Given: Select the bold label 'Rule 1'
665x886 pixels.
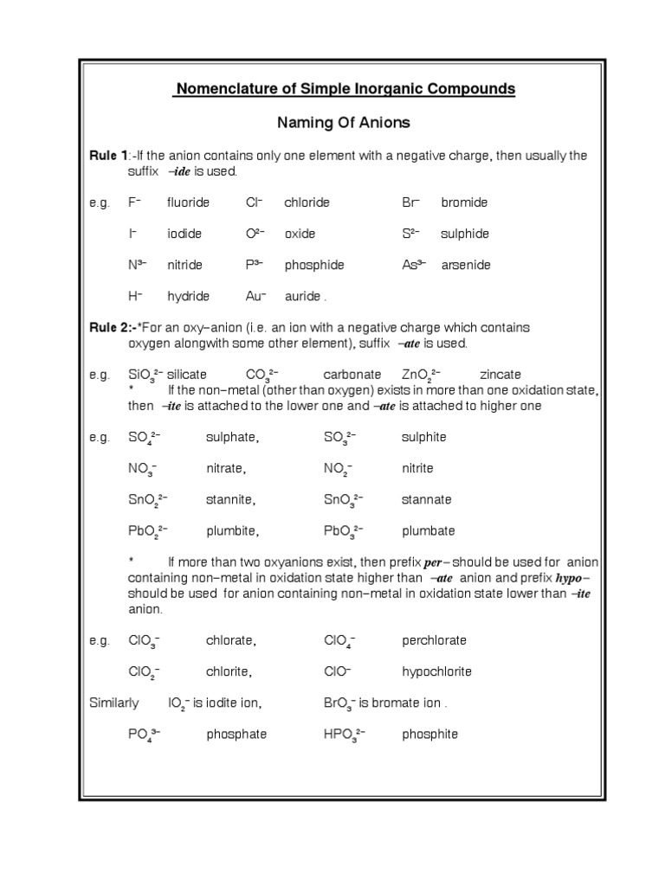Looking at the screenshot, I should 107,156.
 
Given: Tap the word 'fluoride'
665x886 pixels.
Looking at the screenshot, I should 188,202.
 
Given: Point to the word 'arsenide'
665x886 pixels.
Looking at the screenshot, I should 465,265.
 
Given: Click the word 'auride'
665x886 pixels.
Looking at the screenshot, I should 303,296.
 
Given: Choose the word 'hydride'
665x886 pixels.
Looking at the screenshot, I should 188,296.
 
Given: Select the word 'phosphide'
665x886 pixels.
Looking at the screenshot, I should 313,265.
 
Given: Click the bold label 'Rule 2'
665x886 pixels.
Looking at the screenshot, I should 109,328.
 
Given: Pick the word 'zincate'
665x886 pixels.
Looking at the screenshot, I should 500,375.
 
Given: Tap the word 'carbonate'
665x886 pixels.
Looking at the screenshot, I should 352,375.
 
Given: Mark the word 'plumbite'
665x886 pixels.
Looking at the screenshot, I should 231,530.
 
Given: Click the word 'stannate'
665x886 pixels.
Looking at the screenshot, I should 426,499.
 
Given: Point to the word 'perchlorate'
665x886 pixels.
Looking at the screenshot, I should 434,640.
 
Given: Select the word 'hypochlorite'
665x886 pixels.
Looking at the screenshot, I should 436,671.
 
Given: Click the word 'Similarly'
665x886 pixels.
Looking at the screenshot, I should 113,703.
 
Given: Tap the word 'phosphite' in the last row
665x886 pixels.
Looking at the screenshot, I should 429,734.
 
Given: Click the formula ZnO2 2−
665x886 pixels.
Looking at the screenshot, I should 421,376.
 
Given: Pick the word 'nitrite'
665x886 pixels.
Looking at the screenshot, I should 417,468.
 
